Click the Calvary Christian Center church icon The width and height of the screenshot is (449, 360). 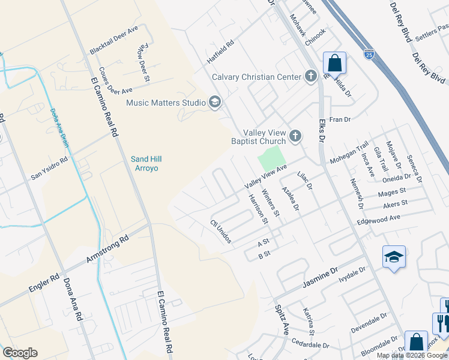coord(310,76)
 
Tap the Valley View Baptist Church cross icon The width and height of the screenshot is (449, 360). coord(295,136)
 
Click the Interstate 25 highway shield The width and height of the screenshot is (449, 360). coord(369,55)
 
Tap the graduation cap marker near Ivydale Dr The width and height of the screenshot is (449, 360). coord(394,257)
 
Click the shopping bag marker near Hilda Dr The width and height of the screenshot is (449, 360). coord(334,63)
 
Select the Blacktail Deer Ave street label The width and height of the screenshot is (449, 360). coord(113,38)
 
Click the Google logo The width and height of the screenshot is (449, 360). coord(20,353)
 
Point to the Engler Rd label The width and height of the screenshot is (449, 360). coord(44,284)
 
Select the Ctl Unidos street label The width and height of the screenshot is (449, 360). coord(220,230)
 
